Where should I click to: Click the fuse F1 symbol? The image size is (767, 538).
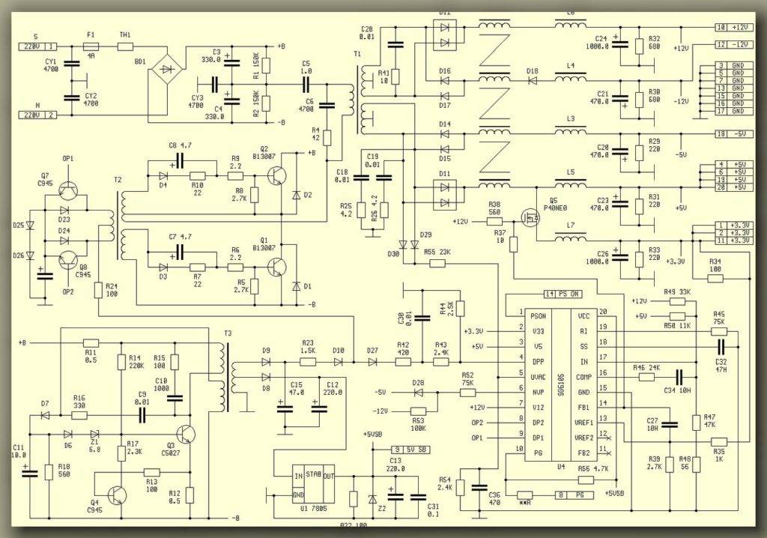point(91,46)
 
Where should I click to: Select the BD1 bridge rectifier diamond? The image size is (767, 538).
point(166,70)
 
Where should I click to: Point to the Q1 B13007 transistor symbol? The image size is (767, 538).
point(278,268)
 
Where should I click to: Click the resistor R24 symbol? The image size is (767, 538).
point(98,289)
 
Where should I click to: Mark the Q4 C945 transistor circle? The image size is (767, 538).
point(118,494)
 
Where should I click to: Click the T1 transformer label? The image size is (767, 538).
point(357,55)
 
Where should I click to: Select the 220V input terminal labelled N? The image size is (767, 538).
point(37,115)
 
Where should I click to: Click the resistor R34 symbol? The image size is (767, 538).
point(715,278)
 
